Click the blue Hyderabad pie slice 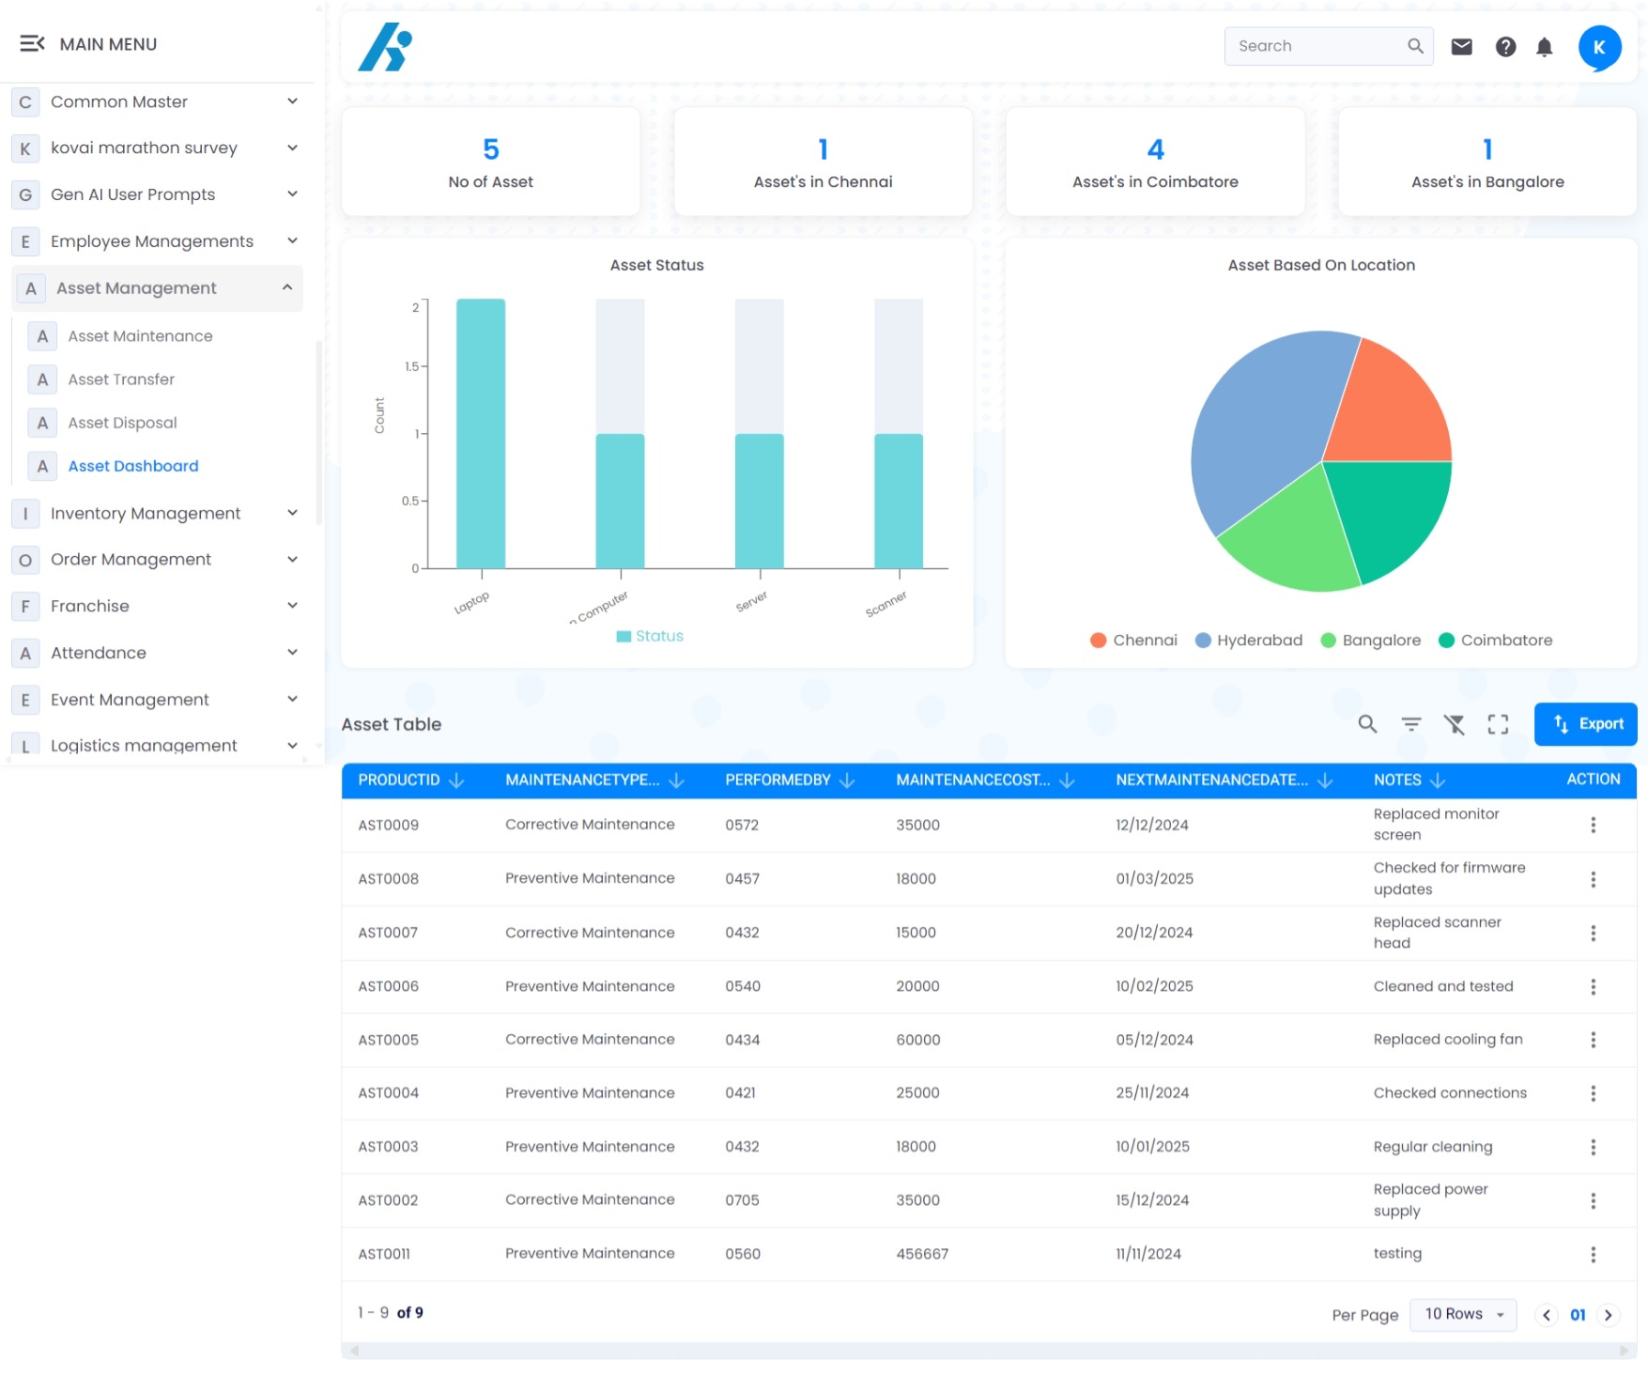click(x=1263, y=432)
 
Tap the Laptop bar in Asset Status click(x=481, y=433)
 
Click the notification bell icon click(x=1544, y=47)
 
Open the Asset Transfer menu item click(x=121, y=379)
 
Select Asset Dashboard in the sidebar click(x=133, y=466)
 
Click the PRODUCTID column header click(x=399, y=780)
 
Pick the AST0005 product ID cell click(x=389, y=1040)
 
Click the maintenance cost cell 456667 click(x=922, y=1254)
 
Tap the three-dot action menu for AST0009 click(x=1593, y=825)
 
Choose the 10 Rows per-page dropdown click(x=1463, y=1314)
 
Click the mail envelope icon click(x=1461, y=47)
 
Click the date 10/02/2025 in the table click(x=1154, y=986)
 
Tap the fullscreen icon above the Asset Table click(x=1498, y=724)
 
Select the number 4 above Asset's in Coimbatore click(x=1155, y=149)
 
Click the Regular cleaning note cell click(x=1432, y=1147)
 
